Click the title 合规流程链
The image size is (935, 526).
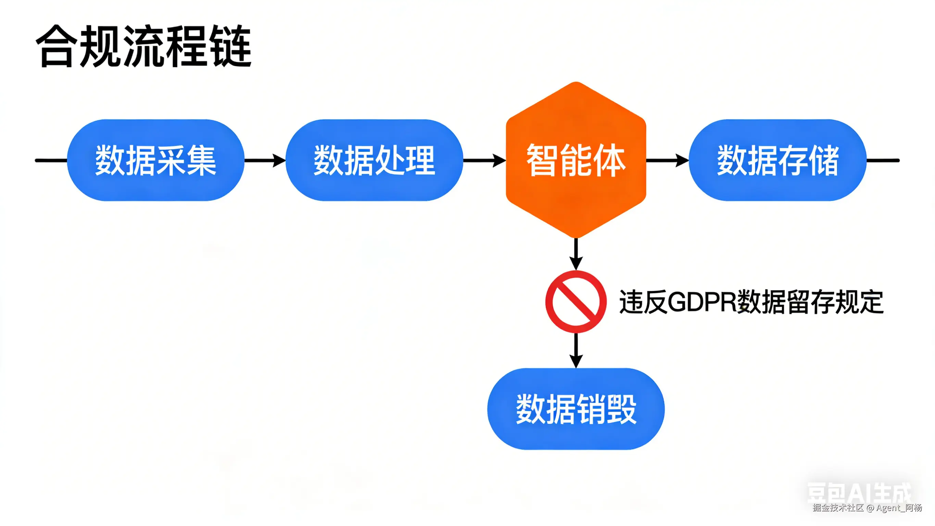coord(144,47)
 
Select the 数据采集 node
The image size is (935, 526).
coord(156,160)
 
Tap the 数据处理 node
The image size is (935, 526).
coord(374,160)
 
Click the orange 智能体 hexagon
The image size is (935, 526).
coord(576,160)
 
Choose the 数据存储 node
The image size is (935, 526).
coord(777,160)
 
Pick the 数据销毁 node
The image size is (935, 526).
coord(576,409)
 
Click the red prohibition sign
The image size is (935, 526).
coord(576,302)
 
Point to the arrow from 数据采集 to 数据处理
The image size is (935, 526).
coord(265,160)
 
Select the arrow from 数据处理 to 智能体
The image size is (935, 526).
coord(484,160)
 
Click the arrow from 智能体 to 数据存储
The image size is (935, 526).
coord(667,160)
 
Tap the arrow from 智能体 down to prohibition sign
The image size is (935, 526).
coord(576,254)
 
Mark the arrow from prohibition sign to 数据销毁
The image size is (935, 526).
coord(576,351)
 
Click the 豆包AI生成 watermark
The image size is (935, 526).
coord(859,493)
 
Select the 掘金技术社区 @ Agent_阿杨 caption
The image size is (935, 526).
coord(867,508)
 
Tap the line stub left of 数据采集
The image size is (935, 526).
coord(51,160)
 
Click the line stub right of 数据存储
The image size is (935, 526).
coord(883,160)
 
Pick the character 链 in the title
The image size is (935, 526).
coord(232,47)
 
